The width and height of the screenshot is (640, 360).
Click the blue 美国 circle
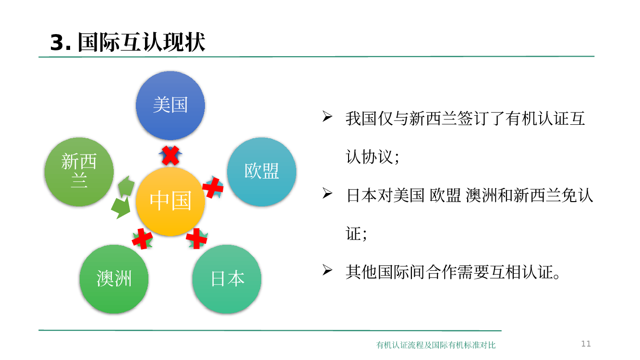(170, 106)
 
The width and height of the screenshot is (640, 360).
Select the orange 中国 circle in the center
(170, 202)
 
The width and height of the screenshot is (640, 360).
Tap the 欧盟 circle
(262, 172)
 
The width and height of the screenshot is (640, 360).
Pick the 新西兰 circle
(79, 172)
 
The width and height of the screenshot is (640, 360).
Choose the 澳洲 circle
(114, 279)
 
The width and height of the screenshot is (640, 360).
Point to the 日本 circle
(227, 279)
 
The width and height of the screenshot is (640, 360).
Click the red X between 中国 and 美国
(170, 156)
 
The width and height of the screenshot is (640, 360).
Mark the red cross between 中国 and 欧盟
(213, 188)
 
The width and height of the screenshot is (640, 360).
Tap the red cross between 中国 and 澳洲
(142, 239)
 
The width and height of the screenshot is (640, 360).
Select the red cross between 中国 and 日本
(196, 239)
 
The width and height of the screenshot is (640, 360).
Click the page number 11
(586, 344)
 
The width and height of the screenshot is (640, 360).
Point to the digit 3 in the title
(57, 43)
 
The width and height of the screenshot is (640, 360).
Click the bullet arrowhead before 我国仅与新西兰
(327, 117)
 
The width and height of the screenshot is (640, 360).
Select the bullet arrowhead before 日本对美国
(327, 193)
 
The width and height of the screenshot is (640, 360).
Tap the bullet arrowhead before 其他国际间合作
(327, 270)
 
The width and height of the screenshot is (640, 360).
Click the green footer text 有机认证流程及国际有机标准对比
(436, 345)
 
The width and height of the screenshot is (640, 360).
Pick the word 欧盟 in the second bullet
(445, 195)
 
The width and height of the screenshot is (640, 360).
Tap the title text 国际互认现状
(142, 42)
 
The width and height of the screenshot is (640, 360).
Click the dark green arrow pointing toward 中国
(121, 207)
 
